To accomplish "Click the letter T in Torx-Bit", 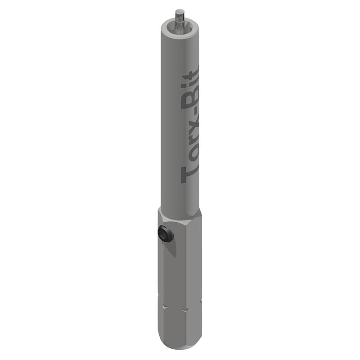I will (189, 173).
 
